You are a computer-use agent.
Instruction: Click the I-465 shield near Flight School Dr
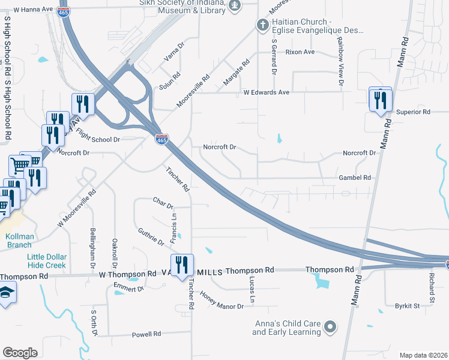tap(161, 139)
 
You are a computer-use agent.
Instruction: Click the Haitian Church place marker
tap(262, 25)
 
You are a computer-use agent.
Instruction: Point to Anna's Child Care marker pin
tap(330, 327)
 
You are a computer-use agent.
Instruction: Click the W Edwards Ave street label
tap(266, 92)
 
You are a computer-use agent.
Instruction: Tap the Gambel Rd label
tap(355, 178)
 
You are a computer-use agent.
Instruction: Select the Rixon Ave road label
tap(300, 52)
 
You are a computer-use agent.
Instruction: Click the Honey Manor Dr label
tap(221, 301)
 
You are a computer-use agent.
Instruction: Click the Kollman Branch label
tap(19, 241)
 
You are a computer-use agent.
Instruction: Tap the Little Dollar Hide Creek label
tap(47, 261)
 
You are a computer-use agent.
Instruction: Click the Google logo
tap(20, 353)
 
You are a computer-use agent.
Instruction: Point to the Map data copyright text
tap(424, 355)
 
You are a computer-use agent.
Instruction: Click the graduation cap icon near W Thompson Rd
tap(6, 292)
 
